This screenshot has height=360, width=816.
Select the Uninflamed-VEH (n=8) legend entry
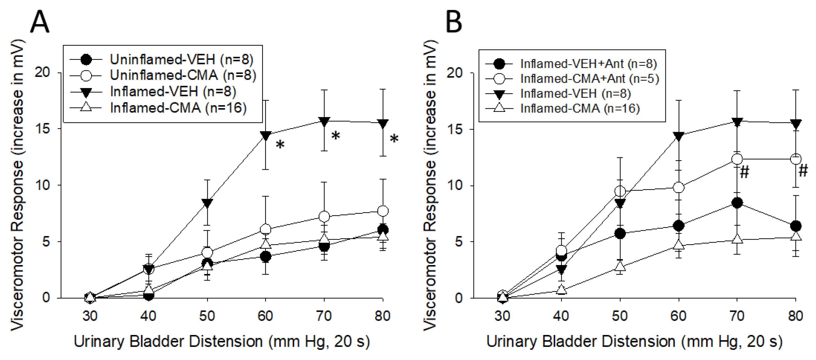(x=181, y=59)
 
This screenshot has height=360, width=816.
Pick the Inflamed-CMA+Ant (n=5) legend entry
(x=589, y=78)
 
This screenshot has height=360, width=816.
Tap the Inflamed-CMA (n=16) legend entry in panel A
(x=178, y=108)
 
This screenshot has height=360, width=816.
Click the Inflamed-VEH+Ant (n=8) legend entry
(x=588, y=64)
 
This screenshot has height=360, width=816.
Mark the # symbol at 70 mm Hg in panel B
(x=744, y=172)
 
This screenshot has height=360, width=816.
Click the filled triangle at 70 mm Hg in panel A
(x=324, y=121)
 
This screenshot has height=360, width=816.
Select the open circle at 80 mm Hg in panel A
(x=383, y=211)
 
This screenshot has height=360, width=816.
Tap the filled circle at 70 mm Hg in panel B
(x=737, y=203)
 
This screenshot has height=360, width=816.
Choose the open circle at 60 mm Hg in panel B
(x=679, y=187)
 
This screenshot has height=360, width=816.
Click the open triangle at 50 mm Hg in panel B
(x=620, y=267)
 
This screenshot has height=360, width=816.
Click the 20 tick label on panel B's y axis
(x=455, y=73)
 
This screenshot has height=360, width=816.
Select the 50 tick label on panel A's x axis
(x=207, y=316)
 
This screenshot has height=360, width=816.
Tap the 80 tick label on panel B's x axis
(x=795, y=316)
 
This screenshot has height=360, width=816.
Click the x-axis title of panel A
(x=222, y=342)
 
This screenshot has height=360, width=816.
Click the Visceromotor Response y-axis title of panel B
(x=430, y=185)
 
